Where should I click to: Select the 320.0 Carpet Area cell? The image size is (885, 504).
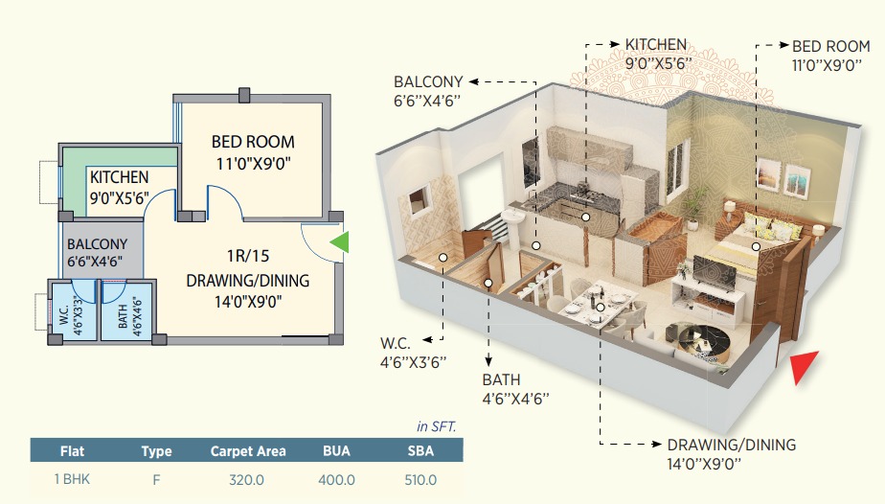[247, 479]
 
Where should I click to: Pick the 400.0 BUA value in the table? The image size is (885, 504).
[336, 479]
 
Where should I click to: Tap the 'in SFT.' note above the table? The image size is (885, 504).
[436, 425]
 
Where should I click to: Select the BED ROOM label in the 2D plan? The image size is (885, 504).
[253, 142]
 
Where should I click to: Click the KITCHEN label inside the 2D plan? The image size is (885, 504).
[119, 177]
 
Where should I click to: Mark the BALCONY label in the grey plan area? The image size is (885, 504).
[97, 244]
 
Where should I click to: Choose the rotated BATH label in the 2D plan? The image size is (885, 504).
[123, 316]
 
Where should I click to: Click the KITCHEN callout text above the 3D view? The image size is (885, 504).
[656, 45]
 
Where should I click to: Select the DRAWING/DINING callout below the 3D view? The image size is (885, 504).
[732, 445]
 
